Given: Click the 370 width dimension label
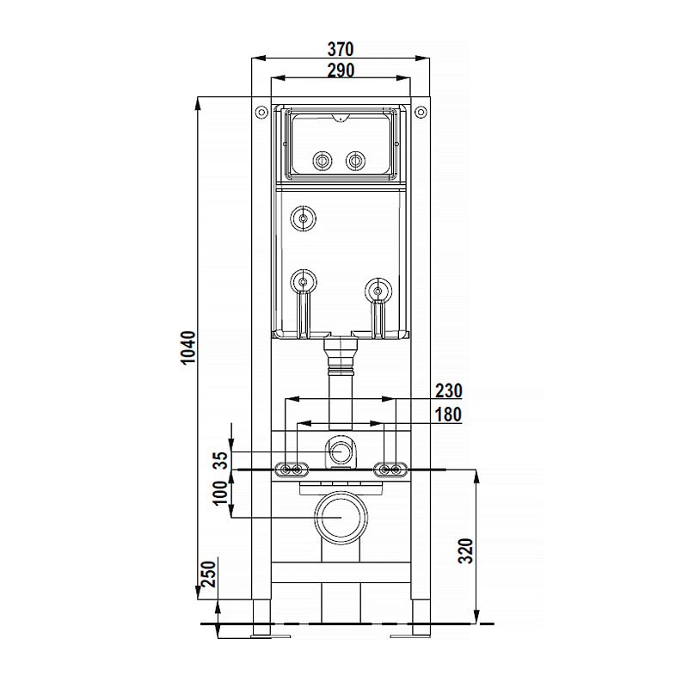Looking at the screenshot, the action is (341, 49).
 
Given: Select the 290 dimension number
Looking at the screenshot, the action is (341, 71).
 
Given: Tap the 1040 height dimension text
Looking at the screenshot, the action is (188, 347).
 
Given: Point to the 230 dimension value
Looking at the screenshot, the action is (448, 390).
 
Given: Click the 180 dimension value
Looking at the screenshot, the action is (447, 415).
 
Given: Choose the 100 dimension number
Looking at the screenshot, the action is (221, 493).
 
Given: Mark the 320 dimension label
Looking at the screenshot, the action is (466, 550).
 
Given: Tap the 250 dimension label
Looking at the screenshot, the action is (209, 574).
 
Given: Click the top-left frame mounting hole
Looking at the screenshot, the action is (261, 113).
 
